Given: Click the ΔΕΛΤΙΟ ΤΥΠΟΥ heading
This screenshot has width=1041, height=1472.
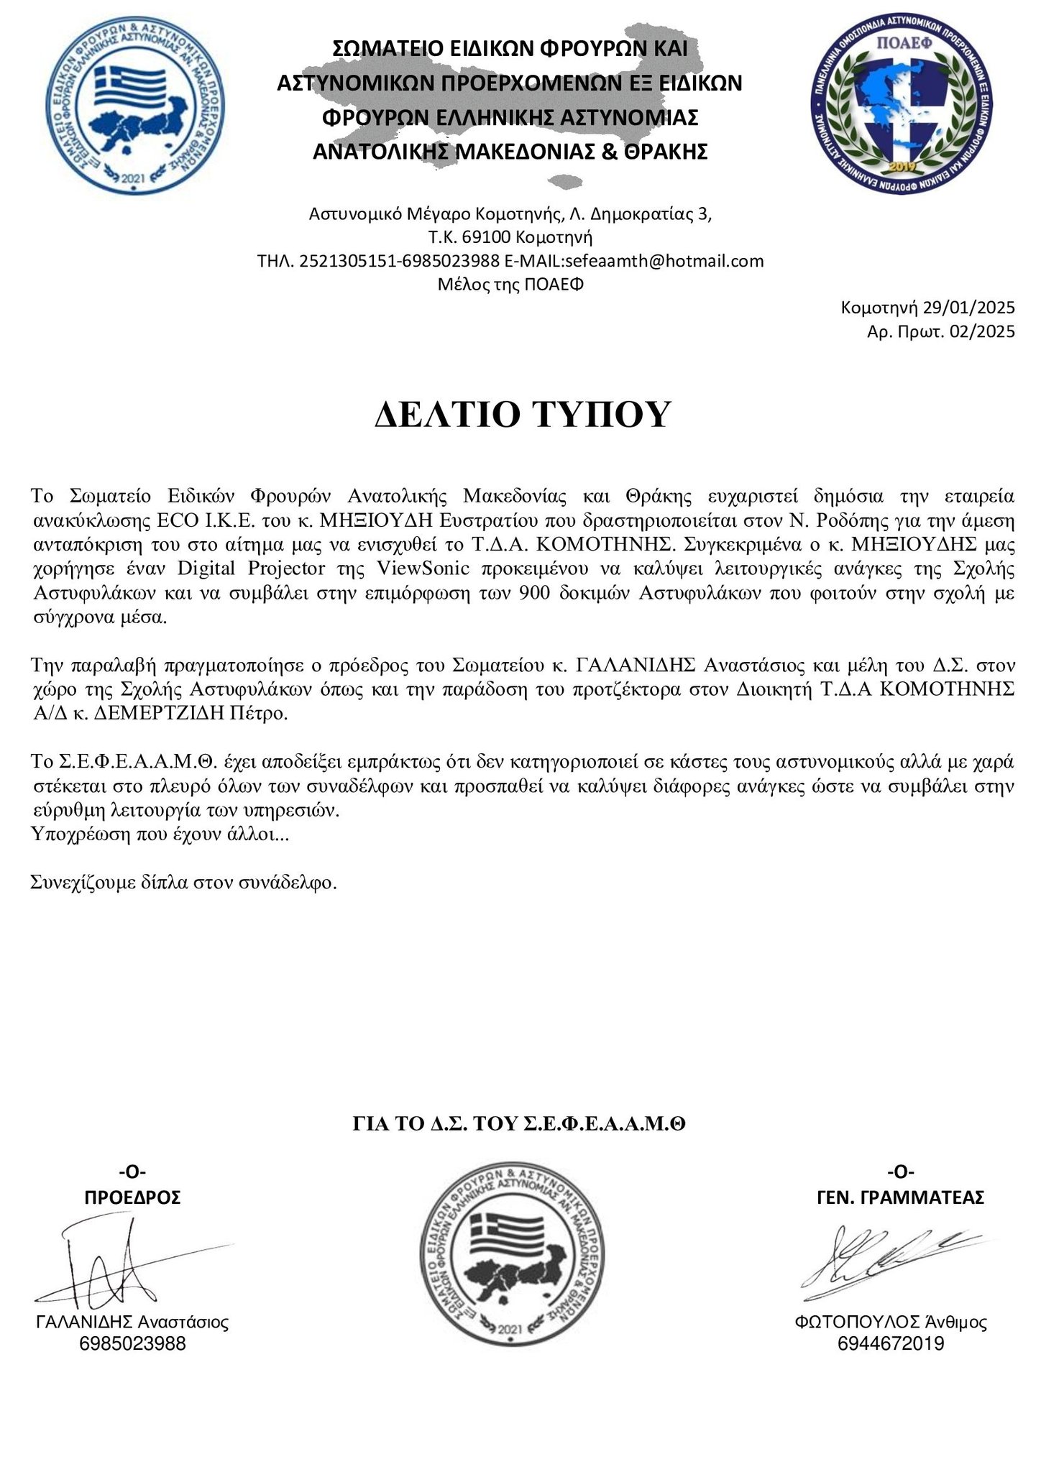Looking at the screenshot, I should pos(522,415).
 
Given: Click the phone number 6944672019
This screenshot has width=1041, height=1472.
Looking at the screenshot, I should pos(891,1343).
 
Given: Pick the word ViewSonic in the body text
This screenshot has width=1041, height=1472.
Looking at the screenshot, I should pos(423,568).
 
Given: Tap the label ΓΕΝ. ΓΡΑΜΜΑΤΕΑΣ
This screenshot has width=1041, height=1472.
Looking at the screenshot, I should pos(900,1197).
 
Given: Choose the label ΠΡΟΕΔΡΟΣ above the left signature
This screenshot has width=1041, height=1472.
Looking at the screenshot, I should pos(133,1197).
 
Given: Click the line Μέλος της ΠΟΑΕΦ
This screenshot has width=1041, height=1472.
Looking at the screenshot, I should pos(510,285).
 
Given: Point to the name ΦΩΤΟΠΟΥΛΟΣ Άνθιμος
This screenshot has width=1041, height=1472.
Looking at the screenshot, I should pos(891,1322).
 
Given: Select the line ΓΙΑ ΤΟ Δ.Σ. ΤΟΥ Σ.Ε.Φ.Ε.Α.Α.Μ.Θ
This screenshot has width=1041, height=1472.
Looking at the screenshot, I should pos(519,1124).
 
